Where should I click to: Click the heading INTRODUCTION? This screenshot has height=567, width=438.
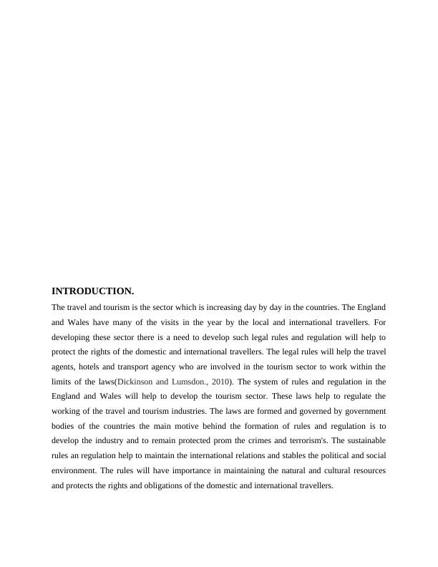click(x=93, y=291)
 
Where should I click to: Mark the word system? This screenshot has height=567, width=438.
click(x=266, y=382)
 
